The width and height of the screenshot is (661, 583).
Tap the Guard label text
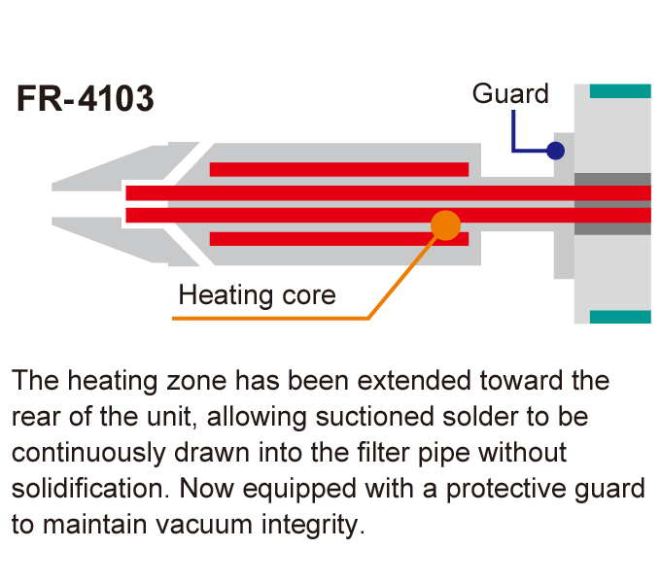[x=510, y=94]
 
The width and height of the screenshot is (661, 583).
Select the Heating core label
[x=257, y=294]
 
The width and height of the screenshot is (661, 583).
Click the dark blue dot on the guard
[x=555, y=151]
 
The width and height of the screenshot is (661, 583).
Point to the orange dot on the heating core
[x=445, y=224]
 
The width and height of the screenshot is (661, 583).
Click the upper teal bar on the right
[x=619, y=91]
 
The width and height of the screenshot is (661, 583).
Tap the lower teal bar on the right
[x=619, y=317]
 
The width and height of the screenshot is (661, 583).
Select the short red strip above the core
[x=339, y=169]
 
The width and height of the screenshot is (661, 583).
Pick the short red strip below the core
[x=339, y=239]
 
